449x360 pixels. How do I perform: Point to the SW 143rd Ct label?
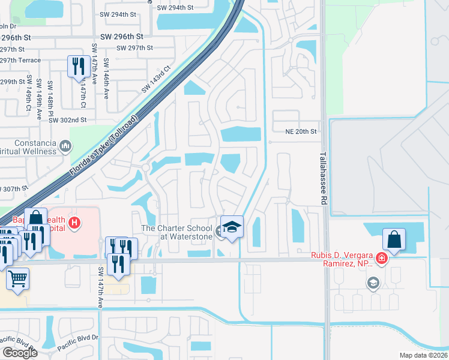(x=156, y=80)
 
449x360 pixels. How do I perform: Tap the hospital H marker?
(x=74, y=224)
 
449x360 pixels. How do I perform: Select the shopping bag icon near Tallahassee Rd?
(x=393, y=239)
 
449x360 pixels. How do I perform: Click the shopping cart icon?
(x=18, y=278)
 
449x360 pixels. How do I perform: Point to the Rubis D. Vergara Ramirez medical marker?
(x=380, y=260)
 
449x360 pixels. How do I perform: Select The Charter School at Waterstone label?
(x=176, y=232)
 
